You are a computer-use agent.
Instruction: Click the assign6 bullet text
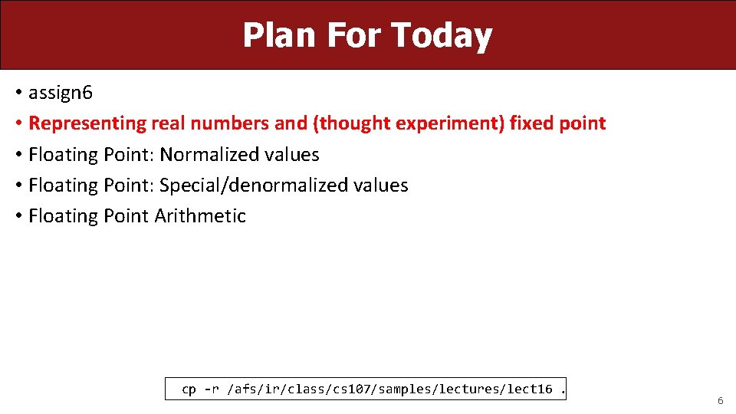[x=60, y=93]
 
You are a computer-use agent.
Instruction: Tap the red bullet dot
[x=18, y=123]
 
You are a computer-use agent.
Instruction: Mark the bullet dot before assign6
[x=18, y=94]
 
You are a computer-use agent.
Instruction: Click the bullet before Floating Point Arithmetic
[x=18, y=216]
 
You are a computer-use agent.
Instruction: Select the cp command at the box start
[x=189, y=389]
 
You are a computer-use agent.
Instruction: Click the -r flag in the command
[x=211, y=389]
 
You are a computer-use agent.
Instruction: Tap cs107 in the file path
[x=350, y=389]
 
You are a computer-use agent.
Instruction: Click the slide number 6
[x=720, y=401]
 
